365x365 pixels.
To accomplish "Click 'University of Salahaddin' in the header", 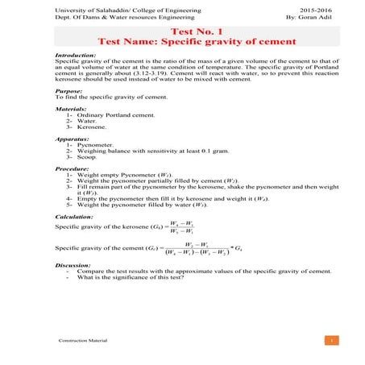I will click(87, 7).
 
